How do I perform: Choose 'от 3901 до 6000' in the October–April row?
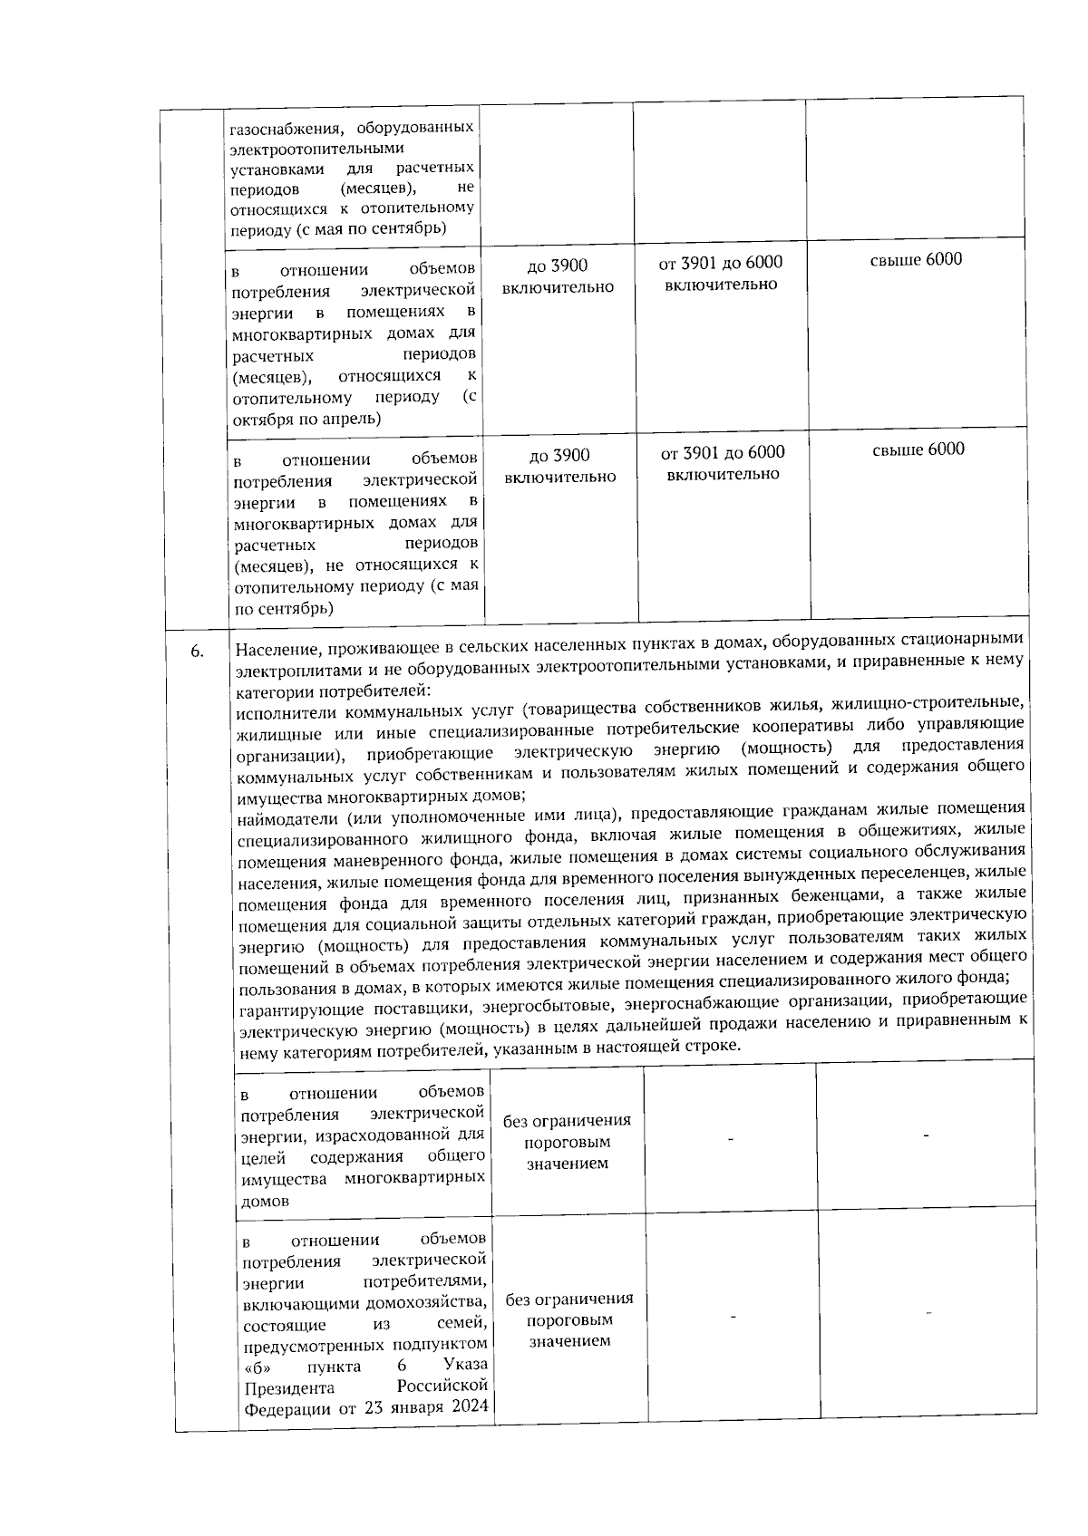(721, 263)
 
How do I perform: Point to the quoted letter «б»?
(259, 1367)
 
